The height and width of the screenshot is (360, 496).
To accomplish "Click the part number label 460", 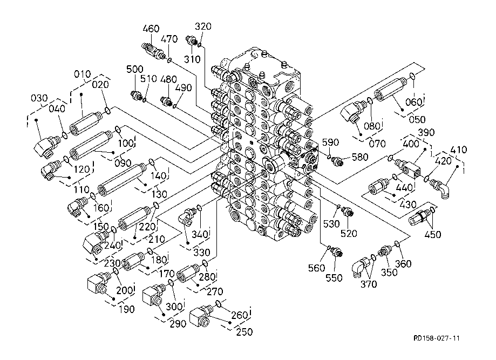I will pyautogui.click(x=151, y=29).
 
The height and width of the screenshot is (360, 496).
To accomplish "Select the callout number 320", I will pyautogui.click(x=203, y=26).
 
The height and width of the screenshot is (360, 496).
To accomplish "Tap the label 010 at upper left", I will pyautogui.click(x=83, y=74).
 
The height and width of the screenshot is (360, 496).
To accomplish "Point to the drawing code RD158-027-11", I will pyautogui.click(x=437, y=338).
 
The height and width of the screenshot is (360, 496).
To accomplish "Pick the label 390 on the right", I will pyautogui.click(x=426, y=133).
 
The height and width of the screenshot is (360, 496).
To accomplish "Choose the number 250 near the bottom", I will pyautogui.click(x=244, y=332).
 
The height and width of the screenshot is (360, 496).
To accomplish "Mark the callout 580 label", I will pyautogui.click(x=359, y=157).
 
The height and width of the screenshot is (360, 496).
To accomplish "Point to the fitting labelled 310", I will pyautogui.click(x=191, y=40).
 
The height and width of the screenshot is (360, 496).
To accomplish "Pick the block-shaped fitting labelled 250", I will pyautogui.click(x=200, y=316).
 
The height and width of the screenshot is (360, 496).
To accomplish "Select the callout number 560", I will pyautogui.click(x=316, y=268).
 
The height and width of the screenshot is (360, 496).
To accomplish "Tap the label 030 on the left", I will pyautogui.click(x=39, y=98).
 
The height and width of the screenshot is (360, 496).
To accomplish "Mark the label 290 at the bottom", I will pyautogui.click(x=178, y=323).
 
